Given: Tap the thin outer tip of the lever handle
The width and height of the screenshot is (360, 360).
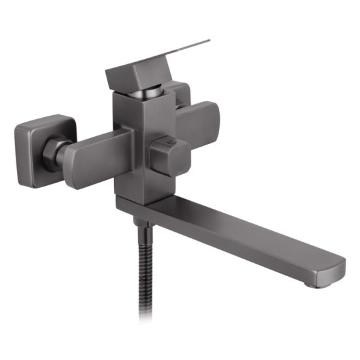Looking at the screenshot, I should tap(206, 42).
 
